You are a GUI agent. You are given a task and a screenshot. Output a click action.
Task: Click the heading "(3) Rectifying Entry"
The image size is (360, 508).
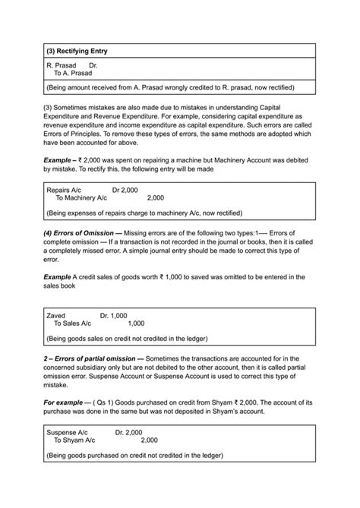[x=76, y=51]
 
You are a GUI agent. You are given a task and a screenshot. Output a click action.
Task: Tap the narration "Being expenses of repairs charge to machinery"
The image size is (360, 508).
[x=144, y=213]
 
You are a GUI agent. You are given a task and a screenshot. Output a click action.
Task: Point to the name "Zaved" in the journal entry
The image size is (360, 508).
[x=55, y=314]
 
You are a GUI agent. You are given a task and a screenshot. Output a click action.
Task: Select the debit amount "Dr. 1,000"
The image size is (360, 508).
[x=113, y=314]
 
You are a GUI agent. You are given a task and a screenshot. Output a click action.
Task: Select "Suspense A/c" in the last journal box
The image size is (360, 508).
[x=68, y=431]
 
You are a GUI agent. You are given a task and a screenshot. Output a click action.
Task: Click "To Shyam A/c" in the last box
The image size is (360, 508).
[x=74, y=440]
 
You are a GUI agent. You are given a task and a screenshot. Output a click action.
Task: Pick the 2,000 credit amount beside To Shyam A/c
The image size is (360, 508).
[x=149, y=440]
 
